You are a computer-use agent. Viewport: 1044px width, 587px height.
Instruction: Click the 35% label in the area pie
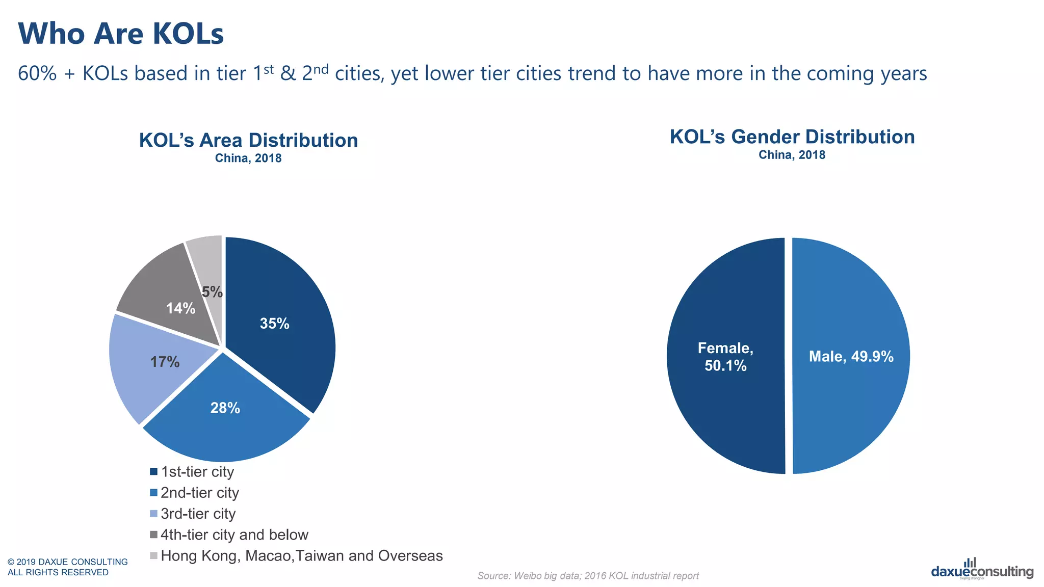pyautogui.click(x=274, y=324)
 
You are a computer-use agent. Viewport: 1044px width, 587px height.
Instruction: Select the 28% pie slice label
pyautogui.click(x=225, y=408)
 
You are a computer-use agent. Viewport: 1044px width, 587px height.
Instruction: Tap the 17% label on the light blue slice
pyautogui.click(x=165, y=362)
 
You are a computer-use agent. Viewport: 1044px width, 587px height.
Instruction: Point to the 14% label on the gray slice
pyautogui.click(x=180, y=308)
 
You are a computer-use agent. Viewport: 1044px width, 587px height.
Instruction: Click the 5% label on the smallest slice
pyautogui.click(x=212, y=292)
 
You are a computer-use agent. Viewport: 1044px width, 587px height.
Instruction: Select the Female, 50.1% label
pyautogui.click(x=725, y=357)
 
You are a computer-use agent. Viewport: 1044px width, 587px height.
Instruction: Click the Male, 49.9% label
pyautogui.click(x=851, y=356)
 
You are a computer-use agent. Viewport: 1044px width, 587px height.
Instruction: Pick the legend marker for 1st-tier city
pyautogui.click(x=153, y=472)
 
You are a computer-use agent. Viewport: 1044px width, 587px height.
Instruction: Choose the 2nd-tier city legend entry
pyautogui.click(x=199, y=493)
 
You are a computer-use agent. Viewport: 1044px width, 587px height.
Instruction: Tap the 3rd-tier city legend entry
pyautogui.click(x=198, y=514)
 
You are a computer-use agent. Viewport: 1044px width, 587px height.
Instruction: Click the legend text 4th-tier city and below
pyautogui.click(x=234, y=535)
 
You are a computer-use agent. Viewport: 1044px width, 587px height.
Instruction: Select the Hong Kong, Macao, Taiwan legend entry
pyautogui.click(x=301, y=555)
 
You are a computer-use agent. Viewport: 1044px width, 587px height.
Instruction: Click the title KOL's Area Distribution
pyautogui.click(x=248, y=140)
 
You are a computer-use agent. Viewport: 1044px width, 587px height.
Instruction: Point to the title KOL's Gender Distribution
pyautogui.click(x=792, y=137)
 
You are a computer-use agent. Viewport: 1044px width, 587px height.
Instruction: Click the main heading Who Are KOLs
pyautogui.click(x=121, y=34)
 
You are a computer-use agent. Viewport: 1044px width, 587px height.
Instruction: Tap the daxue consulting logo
pyautogui.click(x=982, y=570)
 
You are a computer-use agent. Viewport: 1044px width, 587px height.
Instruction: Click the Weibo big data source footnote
pyautogui.click(x=588, y=576)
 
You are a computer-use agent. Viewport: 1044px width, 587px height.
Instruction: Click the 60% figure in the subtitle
pyautogui.click(x=37, y=73)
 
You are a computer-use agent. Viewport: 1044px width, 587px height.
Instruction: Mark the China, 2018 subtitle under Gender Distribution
pyautogui.click(x=792, y=155)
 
